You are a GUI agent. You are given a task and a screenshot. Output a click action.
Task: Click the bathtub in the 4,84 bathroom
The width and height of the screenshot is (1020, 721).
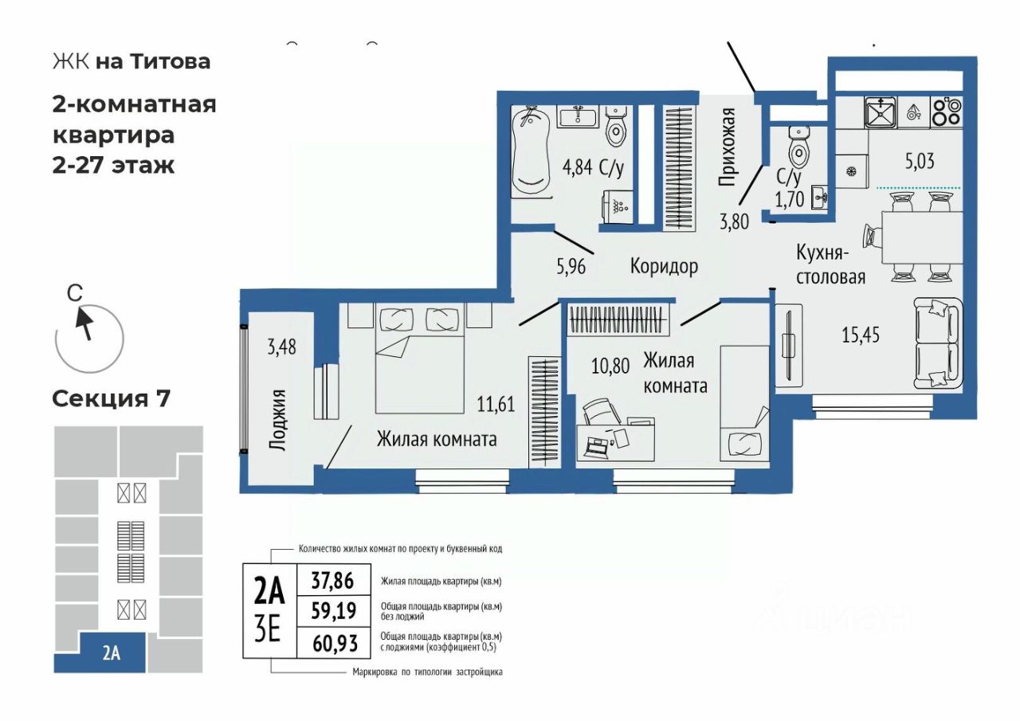[x=530, y=153]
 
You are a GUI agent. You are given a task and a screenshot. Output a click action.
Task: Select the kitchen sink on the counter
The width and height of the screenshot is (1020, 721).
[x=881, y=112]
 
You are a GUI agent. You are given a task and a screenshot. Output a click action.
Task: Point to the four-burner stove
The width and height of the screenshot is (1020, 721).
[x=947, y=112]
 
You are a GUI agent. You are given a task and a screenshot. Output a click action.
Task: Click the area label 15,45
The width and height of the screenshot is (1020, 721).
[x=861, y=335]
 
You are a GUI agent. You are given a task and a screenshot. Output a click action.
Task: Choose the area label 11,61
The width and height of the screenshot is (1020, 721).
[x=496, y=404]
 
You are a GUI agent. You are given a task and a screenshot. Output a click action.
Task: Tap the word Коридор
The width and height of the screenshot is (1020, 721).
[x=664, y=266]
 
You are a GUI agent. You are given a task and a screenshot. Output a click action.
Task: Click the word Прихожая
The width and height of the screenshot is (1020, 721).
[x=727, y=147]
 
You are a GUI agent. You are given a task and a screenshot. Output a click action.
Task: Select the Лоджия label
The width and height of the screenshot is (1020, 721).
[x=278, y=420]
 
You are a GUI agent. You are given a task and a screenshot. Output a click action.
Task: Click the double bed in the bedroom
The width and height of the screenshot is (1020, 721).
[x=419, y=359]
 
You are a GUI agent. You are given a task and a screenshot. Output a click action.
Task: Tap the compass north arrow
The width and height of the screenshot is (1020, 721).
[x=84, y=323]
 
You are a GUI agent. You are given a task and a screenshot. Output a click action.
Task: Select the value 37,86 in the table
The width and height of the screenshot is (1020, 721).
[x=332, y=582]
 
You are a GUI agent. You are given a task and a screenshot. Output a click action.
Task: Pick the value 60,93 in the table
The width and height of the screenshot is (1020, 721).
[x=335, y=644]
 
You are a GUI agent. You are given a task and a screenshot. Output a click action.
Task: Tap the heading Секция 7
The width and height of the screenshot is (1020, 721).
[x=111, y=398]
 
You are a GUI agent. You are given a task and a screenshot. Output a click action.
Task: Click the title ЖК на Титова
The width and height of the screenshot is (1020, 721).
[x=131, y=61]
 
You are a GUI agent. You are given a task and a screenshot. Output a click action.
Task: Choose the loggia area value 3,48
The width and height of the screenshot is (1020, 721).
[x=281, y=347]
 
